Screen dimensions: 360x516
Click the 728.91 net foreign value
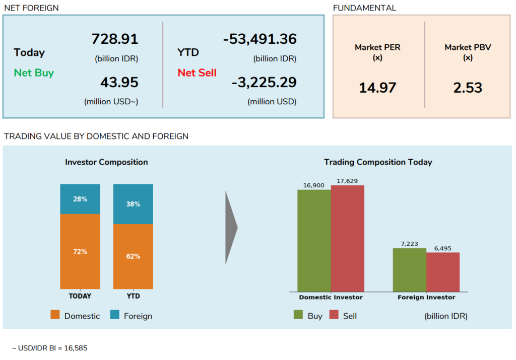pos(115,39)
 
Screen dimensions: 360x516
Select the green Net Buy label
pos(34,73)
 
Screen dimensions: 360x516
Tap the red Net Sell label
pos(197,73)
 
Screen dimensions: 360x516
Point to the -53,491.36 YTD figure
pos(260,39)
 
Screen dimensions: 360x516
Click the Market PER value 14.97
pos(377,88)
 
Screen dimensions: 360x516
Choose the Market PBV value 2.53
pos(468,88)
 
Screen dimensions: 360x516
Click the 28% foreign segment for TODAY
pos(80,199)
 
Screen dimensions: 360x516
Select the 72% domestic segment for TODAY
pos(80,252)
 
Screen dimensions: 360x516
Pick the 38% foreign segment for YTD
pos(133,204)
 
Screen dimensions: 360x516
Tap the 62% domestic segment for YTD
pos(133,256)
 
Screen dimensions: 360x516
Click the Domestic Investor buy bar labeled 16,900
pos(314,241)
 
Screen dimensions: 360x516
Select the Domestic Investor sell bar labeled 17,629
pos(347,239)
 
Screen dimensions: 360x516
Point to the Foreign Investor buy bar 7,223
pos(409,270)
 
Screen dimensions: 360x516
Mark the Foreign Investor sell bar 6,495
pos(443,272)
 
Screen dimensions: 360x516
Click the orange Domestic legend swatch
pos(55,315)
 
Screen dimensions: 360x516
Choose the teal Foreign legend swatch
pos(115,315)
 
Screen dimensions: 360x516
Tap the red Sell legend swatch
pos(334,315)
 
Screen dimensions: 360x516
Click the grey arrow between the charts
pos(231,227)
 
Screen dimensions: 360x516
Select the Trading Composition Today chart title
pos(378,162)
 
